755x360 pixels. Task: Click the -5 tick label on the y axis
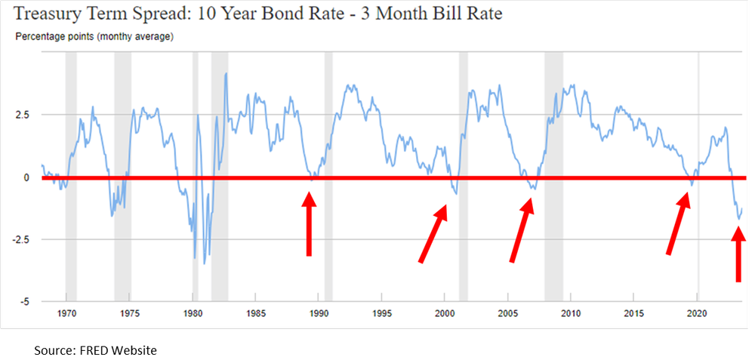24,301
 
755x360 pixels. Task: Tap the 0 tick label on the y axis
26,177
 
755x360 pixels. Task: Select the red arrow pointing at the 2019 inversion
678,223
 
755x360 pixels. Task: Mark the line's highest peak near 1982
226,73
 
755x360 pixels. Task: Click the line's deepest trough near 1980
196,259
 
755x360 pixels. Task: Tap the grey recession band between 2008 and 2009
553,177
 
